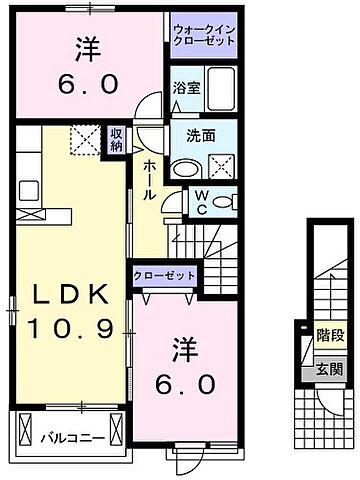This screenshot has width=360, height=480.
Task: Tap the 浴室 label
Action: click(x=185, y=88)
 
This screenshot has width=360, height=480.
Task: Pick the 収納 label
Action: click(x=117, y=139)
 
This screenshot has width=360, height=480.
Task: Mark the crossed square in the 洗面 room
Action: click(x=221, y=163)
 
